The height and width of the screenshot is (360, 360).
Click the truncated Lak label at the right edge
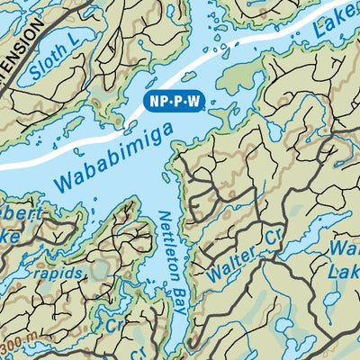coord(346,271)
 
